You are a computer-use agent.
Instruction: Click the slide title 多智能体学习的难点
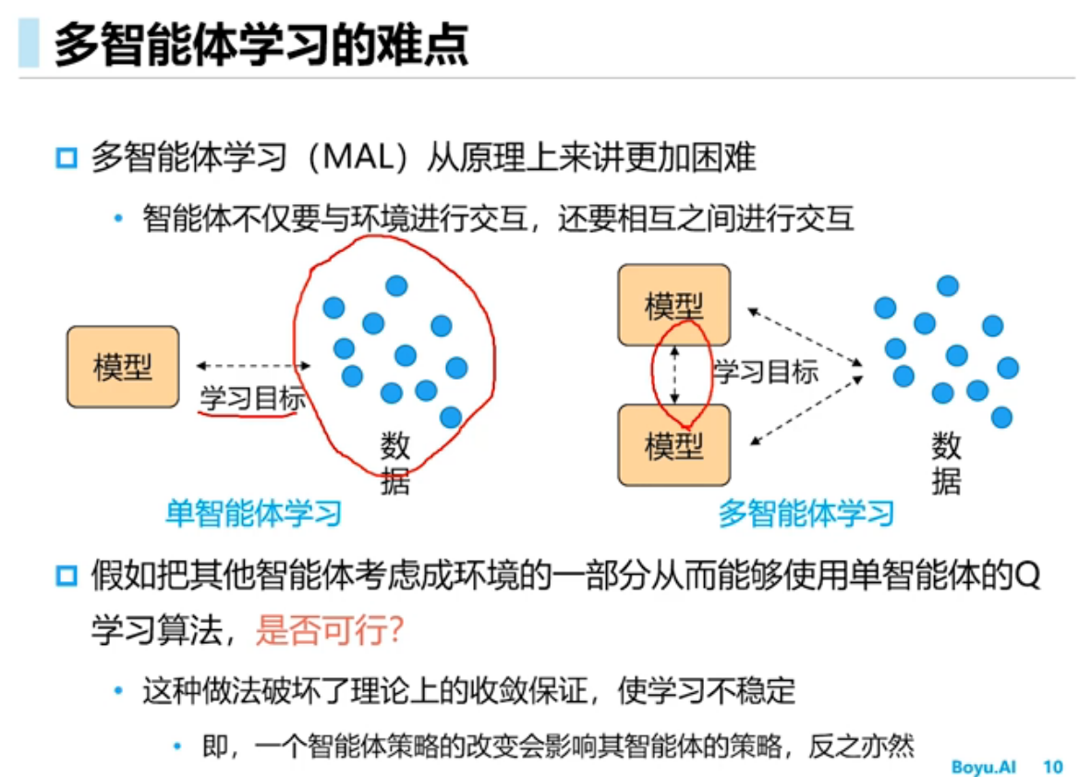(261, 43)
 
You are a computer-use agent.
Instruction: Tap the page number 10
(1052, 767)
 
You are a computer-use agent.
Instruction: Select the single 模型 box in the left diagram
(123, 367)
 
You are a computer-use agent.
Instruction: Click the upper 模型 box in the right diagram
(674, 305)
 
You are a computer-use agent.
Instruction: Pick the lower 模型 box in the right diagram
(674, 445)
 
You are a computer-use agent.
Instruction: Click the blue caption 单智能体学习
(254, 513)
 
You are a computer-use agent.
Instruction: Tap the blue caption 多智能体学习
(806, 513)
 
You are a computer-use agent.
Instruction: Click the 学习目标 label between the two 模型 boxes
(766, 372)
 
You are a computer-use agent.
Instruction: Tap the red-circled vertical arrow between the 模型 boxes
(675, 375)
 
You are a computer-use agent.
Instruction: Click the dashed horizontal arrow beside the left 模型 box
(252, 366)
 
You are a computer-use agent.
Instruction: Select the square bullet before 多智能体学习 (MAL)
(66, 158)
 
